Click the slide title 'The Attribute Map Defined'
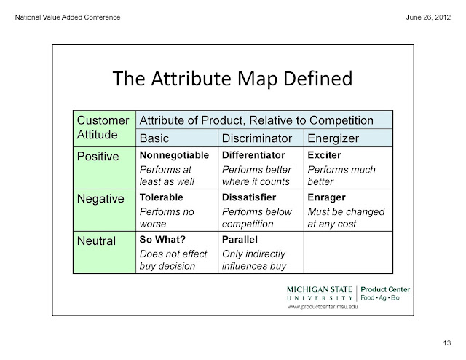point(232,79)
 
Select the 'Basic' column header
point(154,138)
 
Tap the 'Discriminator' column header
point(257,138)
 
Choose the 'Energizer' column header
point(333,138)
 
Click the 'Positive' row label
point(98,157)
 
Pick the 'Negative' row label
point(100,199)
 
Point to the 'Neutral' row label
point(96,241)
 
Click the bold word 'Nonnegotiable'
point(174,155)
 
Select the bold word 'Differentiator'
point(253,155)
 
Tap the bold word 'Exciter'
point(324,155)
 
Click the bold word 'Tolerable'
point(162,197)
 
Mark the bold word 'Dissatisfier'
point(249,197)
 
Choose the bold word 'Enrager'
point(327,197)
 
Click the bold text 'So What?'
point(162,240)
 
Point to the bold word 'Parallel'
point(240,240)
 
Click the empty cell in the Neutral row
point(348,252)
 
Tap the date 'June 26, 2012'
point(428,17)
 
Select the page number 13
point(447,343)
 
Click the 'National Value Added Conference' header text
point(68,17)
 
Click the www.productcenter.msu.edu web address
point(323,307)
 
